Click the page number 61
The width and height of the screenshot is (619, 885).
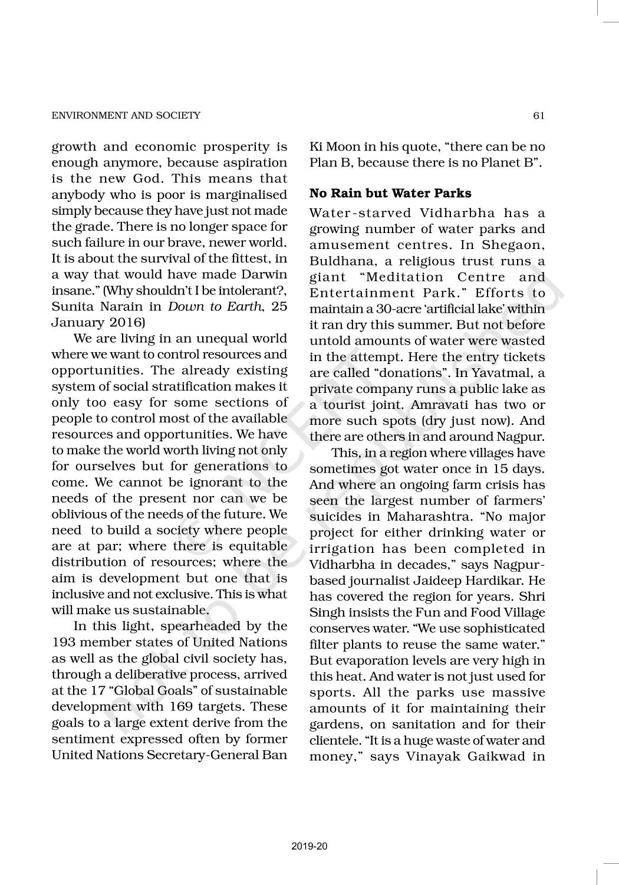click(538, 116)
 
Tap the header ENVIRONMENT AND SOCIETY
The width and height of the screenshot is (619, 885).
click(126, 116)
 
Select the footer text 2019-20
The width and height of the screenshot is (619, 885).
click(309, 847)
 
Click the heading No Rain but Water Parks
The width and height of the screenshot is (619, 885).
click(390, 193)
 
